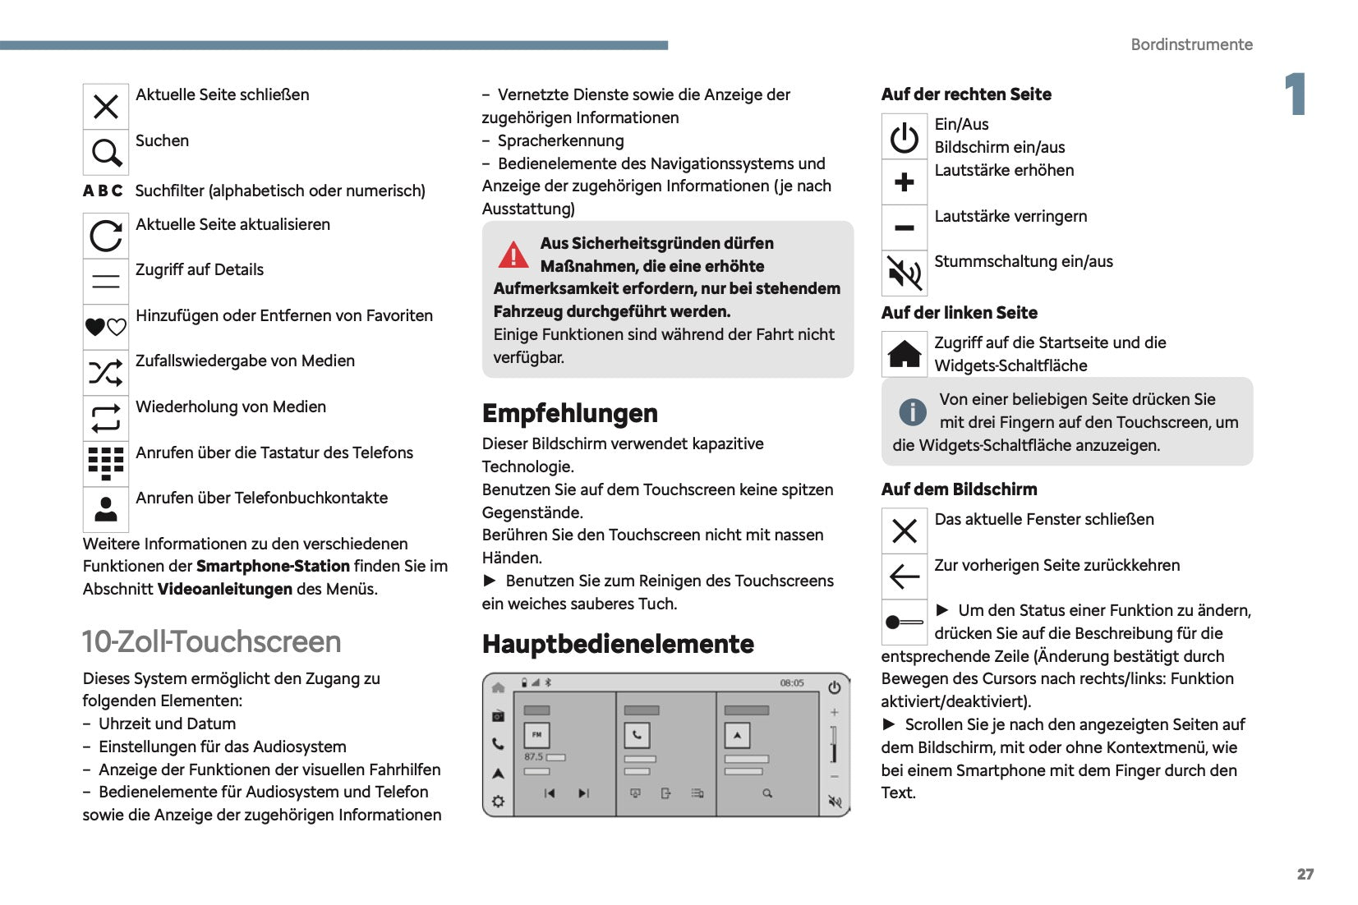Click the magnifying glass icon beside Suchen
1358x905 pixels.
pyautogui.click(x=106, y=153)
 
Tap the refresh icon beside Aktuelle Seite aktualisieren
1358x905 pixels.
pyautogui.click(x=106, y=237)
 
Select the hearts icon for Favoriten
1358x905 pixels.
pyautogui.click(x=106, y=327)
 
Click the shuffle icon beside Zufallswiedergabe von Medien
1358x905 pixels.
pyautogui.click(x=106, y=373)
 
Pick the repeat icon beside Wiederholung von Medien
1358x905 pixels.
pyautogui.click(x=106, y=419)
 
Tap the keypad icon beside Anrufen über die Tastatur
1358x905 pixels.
pyautogui.click(x=106, y=464)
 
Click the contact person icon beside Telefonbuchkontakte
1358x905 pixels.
pyautogui.click(x=106, y=510)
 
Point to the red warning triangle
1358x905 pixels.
pyautogui.click(x=513, y=255)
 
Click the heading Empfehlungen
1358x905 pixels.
pyautogui.click(x=569, y=413)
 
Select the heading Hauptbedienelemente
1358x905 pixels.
pyautogui.click(x=618, y=644)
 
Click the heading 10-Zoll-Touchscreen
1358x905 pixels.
pyautogui.click(x=211, y=641)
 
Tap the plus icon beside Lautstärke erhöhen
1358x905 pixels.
pyautogui.click(x=905, y=181)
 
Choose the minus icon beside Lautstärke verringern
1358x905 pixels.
pyautogui.click(x=905, y=227)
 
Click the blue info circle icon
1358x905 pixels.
pyautogui.click(x=912, y=411)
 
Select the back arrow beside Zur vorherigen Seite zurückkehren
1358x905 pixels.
pyautogui.click(x=905, y=577)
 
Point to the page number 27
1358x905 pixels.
pyautogui.click(x=1305, y=874)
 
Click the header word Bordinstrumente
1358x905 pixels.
pyautogui.click(x=1191, y=44)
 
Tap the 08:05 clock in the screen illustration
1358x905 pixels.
pyautogui.click(x=792, y=682)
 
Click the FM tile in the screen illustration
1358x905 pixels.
pyautogui.click(x=536, y=734)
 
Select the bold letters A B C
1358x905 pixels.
pyautogui.click(x=103, y=191)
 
